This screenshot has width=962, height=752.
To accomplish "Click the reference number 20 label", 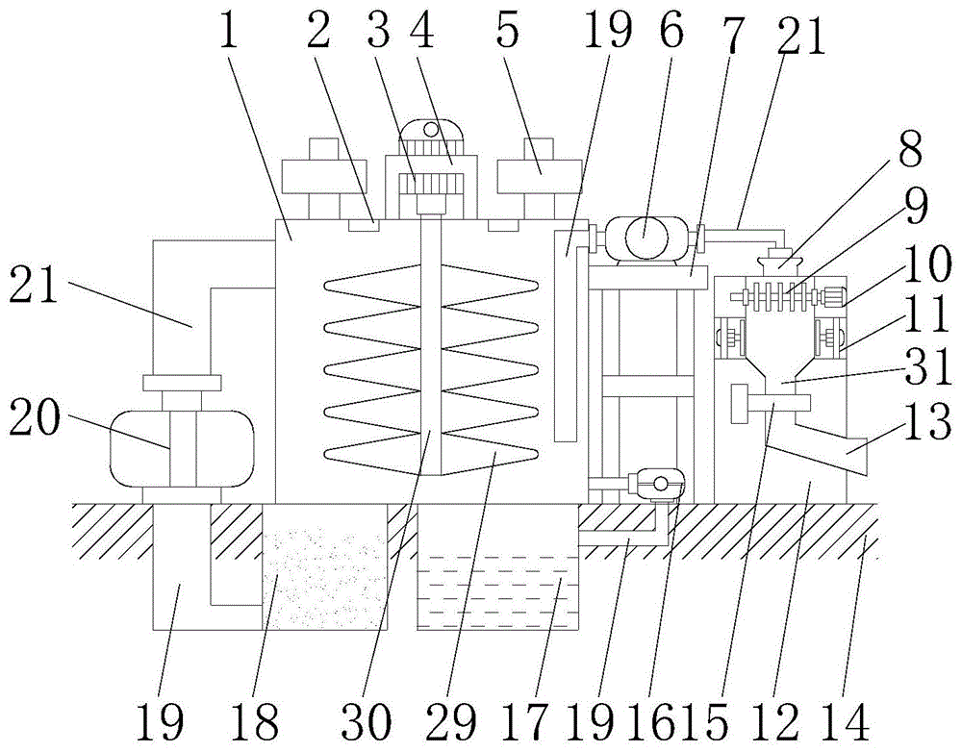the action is click(x=35, y=419).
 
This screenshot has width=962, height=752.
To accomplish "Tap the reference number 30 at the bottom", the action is click(x=367, y=721).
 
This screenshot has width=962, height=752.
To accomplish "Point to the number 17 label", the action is click(x=524, y=721).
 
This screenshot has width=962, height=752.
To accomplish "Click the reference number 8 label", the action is click(x=910, y=149).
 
